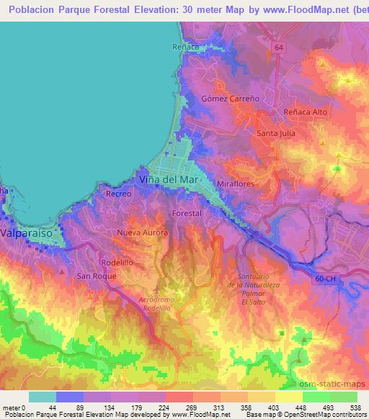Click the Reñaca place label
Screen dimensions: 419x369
[185, 47]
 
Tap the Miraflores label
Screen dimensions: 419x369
[236, 184]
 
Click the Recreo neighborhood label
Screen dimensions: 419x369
[117, 194]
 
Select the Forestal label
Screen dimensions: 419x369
[187, 214]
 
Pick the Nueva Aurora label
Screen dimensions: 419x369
[143, 233]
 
